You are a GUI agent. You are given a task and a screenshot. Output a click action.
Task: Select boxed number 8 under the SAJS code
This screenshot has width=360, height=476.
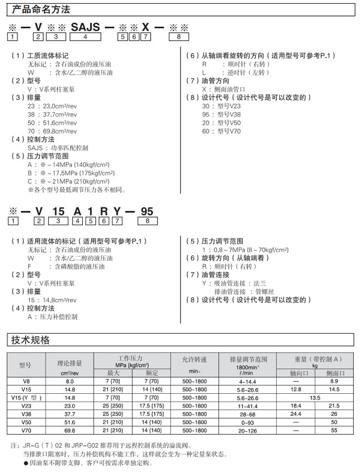178,38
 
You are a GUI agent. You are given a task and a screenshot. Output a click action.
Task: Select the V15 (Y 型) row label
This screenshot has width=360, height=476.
26,398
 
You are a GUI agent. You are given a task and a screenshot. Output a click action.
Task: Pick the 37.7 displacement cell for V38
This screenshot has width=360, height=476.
69,414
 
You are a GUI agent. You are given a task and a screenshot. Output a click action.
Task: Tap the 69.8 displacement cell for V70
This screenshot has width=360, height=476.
69,430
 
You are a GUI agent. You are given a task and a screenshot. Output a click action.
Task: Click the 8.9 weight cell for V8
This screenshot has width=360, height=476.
334,381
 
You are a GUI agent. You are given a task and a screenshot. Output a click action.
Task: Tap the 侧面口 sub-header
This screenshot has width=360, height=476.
334,373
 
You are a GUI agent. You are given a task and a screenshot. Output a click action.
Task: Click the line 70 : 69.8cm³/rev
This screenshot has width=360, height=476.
52,131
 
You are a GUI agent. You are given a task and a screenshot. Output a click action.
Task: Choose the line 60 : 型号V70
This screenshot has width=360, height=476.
221,131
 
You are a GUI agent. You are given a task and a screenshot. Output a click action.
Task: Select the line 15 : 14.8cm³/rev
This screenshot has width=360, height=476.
52,300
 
